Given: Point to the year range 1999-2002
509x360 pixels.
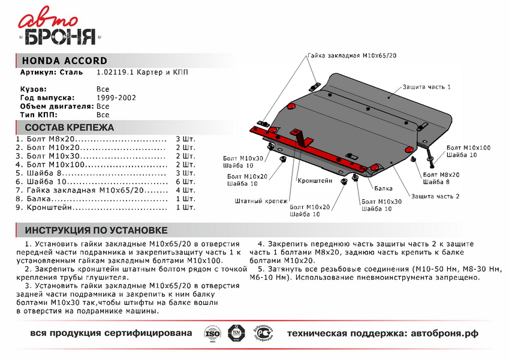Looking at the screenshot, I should [116, 97].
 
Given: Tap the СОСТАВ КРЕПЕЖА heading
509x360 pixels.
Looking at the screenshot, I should [69, 127].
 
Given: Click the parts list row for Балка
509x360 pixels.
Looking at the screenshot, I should [90, 199].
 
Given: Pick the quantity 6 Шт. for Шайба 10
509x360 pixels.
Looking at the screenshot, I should [185, 181].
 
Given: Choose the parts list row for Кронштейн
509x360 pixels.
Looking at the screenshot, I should [90, 207].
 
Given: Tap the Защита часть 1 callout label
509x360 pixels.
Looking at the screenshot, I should [426, 87].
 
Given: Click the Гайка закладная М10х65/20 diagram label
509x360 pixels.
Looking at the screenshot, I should [353, 55].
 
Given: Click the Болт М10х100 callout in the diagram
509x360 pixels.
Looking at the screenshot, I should [468, 148].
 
